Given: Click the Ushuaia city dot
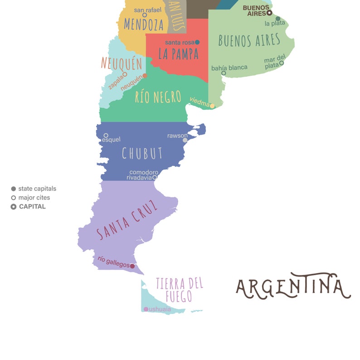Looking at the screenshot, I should tap(146, 309).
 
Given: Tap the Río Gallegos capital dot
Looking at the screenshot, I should tap(132, 266).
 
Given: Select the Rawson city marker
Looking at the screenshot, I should tap(185, 141).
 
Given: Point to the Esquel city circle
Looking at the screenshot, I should tap(106, 135).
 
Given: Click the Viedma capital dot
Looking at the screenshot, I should tap(212, 106).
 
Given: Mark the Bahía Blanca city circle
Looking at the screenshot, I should tap(224, 73).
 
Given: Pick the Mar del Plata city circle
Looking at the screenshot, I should tap(282, 63).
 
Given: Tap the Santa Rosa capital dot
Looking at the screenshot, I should tap(197, 42).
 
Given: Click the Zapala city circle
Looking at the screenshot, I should tap(125, 74).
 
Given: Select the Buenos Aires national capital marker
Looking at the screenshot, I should tap(269, 13).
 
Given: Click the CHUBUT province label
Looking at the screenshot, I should tap(142, 154).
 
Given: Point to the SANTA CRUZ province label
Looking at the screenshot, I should tap(128, 220).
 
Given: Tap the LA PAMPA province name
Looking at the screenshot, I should tap(178, 54).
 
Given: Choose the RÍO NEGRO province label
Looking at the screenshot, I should tap(158, 97).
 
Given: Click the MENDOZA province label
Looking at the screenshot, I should tap(143, 24).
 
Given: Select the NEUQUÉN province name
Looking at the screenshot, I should tap(122, 63).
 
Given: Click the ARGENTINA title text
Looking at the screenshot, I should tap(293, 287).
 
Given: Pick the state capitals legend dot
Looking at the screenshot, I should tap(14, 189).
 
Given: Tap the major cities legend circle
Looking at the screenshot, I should tap(14, 198).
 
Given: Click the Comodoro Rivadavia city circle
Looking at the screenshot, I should tap(155, 177).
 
